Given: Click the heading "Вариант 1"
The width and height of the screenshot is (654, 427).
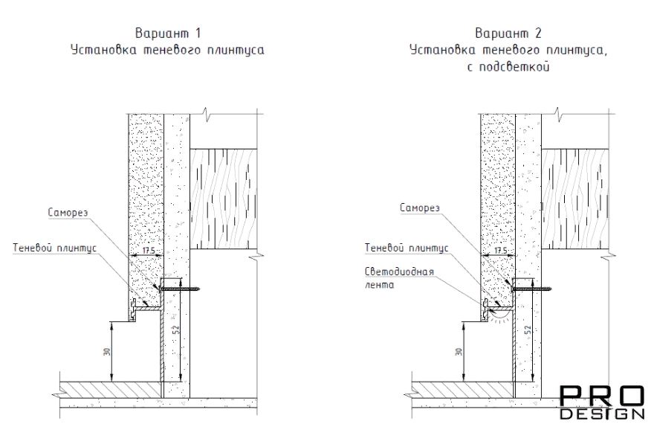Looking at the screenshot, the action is (168, 33).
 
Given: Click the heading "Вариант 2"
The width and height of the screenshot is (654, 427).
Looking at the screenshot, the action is (508, 33).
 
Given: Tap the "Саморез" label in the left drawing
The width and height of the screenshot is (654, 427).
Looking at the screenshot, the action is (68, 213).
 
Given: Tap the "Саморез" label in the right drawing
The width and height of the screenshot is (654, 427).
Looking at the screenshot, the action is (420, 208).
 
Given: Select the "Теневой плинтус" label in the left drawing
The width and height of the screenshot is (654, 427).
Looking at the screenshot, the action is (55, 248).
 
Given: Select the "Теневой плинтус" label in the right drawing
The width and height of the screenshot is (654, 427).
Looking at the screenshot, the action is (407, 248).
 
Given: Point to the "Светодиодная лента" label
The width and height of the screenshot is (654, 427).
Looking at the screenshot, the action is (399, 278).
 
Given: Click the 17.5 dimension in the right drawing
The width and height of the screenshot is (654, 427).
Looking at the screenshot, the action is (500, 251).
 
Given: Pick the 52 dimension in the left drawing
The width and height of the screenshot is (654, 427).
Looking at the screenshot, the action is (175, 330).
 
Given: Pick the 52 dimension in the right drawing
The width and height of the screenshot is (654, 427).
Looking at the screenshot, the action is (528, 330).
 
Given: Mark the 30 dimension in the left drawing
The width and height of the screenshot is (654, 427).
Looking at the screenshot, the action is (107, 351).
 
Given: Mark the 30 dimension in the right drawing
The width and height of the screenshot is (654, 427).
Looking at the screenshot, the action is (459, 351).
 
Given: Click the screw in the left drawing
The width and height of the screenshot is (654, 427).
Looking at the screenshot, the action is (180, 288).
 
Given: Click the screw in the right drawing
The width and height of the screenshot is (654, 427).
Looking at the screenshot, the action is (532, 288).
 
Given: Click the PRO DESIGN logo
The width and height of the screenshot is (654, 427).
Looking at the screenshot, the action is (602, 402).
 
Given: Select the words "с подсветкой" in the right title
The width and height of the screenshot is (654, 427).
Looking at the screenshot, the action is (508, 67).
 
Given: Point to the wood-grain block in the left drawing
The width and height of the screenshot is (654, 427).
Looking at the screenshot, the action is (223, 199).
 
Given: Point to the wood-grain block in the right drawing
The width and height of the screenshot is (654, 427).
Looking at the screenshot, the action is (575, 199).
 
